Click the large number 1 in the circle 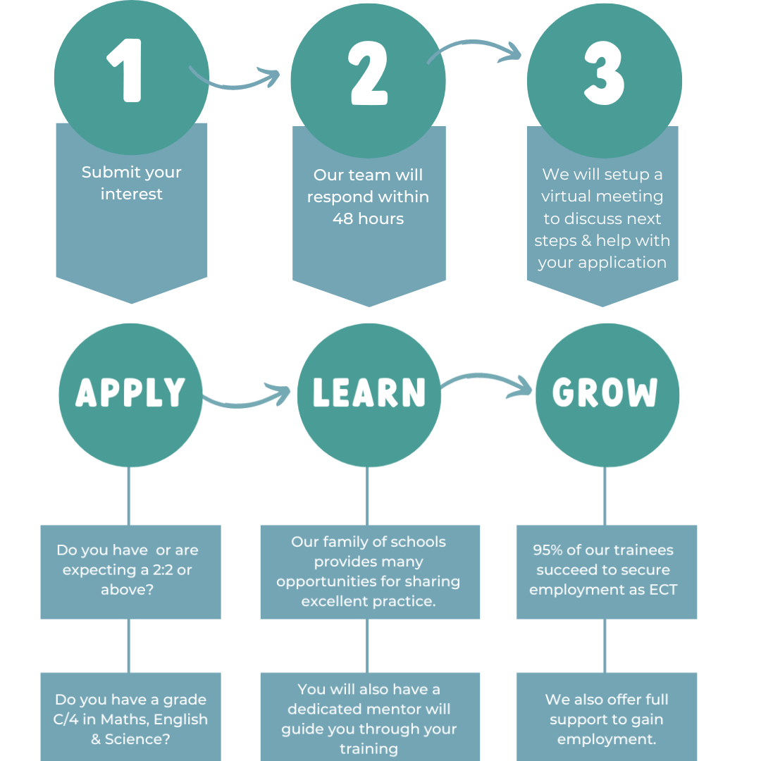point(127,70)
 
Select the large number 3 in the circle point(604,74)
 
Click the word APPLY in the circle point(130,392)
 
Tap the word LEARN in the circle point(369,392)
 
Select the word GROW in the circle point(605,392)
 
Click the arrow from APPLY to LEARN point(247,397)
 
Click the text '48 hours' point(369,218)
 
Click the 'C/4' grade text point(73,719)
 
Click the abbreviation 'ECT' point(660,590)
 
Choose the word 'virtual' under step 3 point(569,196)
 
